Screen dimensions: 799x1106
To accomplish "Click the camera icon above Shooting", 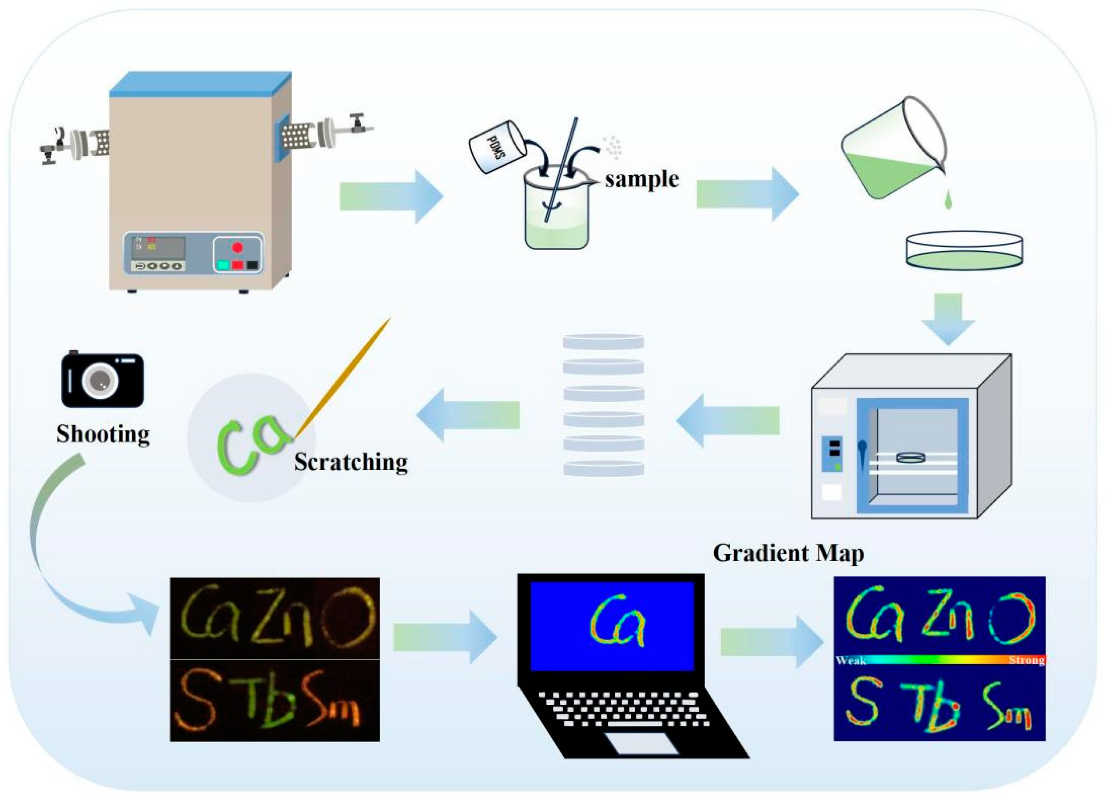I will pyautogui.click(x=102, y=380).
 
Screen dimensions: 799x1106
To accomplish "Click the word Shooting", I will pyautogui.click(x=103, y=434).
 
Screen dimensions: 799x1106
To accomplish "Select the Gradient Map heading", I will pyautogui.click(x=788, y=553).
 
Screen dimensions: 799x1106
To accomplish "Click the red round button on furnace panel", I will pyautogui.click(x=237, y=247).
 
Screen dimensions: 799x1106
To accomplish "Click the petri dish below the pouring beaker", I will pyautogui.click(x=964, y=250).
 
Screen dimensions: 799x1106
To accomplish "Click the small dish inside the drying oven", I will pyautogui.click(x=910, y=458).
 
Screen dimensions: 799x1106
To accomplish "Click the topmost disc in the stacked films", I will pyautogui.click(x=603, y=341).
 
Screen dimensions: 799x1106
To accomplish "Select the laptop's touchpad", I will pyautogui.click(x=643, y=744).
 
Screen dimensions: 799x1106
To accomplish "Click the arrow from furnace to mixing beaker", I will pyautogui.click(x=390, y=197).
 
